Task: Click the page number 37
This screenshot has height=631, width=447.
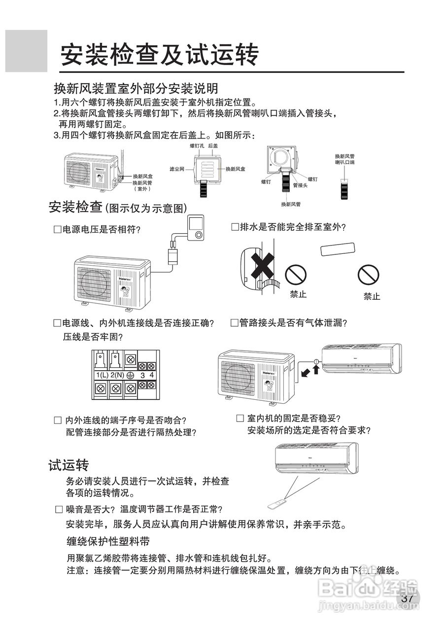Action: click(x=407, y=598)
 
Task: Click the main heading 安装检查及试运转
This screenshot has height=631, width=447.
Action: click(x=159, y=54)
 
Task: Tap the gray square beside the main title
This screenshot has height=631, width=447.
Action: click(x=26, y=51)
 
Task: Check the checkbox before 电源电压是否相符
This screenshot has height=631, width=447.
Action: click(x=57, y=230)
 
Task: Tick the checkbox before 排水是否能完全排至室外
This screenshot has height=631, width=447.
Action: click(x=235, y=227)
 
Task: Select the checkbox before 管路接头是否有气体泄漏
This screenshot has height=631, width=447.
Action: click(x=235, y=323)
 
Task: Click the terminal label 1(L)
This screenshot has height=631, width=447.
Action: click(x=102, y=375)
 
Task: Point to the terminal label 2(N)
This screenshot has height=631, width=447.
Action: click(x=117, y=375)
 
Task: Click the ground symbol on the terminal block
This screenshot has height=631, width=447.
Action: click(x=131, y=375)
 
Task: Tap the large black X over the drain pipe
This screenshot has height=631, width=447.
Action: click(x=263, y=266)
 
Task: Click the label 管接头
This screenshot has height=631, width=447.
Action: click(x=300, y=185)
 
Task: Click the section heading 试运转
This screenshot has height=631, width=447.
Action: click(x=68, y=465)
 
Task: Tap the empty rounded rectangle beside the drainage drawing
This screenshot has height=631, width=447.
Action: click(x=338, y=249)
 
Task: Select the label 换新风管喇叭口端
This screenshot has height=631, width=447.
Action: click(x=344, y=159)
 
